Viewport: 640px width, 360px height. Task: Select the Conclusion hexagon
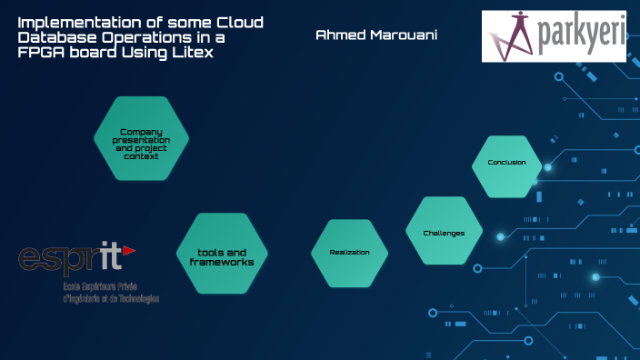click(507, 164)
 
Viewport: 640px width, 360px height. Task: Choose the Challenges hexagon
click(444, 233)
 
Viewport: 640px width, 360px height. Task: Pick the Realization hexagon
click(349, 252)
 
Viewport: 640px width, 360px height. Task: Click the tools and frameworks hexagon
click(222, 256)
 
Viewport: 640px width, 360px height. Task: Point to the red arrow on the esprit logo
click(129, 249)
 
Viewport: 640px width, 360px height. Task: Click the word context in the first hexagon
click(141, 156)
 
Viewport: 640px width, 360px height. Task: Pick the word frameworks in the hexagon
click(222, 262)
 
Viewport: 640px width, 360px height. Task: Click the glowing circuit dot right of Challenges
click(500, 236)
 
